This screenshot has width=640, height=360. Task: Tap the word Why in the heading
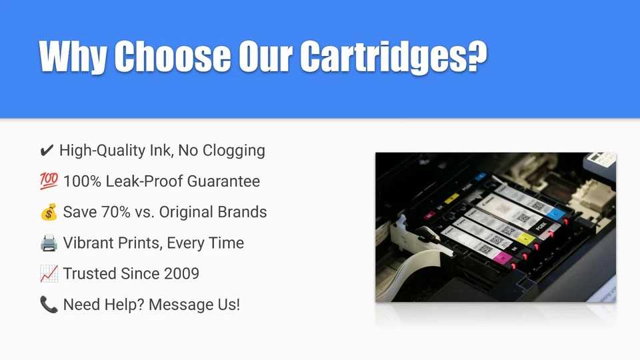tap(73, 57)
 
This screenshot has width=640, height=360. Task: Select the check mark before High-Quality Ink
tap(47, 151)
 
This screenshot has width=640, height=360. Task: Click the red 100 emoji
tap(49, 181)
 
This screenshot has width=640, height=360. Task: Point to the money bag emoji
tap(49, 212)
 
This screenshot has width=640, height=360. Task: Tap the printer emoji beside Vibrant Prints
tap(49, 243)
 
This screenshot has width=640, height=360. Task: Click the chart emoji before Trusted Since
tap(49, 274)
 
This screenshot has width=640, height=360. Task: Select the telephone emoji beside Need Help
tap(49, 305)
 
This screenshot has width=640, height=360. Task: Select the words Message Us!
tap(194, 305)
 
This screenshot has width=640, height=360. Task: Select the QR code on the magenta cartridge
tap(485, 249)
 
